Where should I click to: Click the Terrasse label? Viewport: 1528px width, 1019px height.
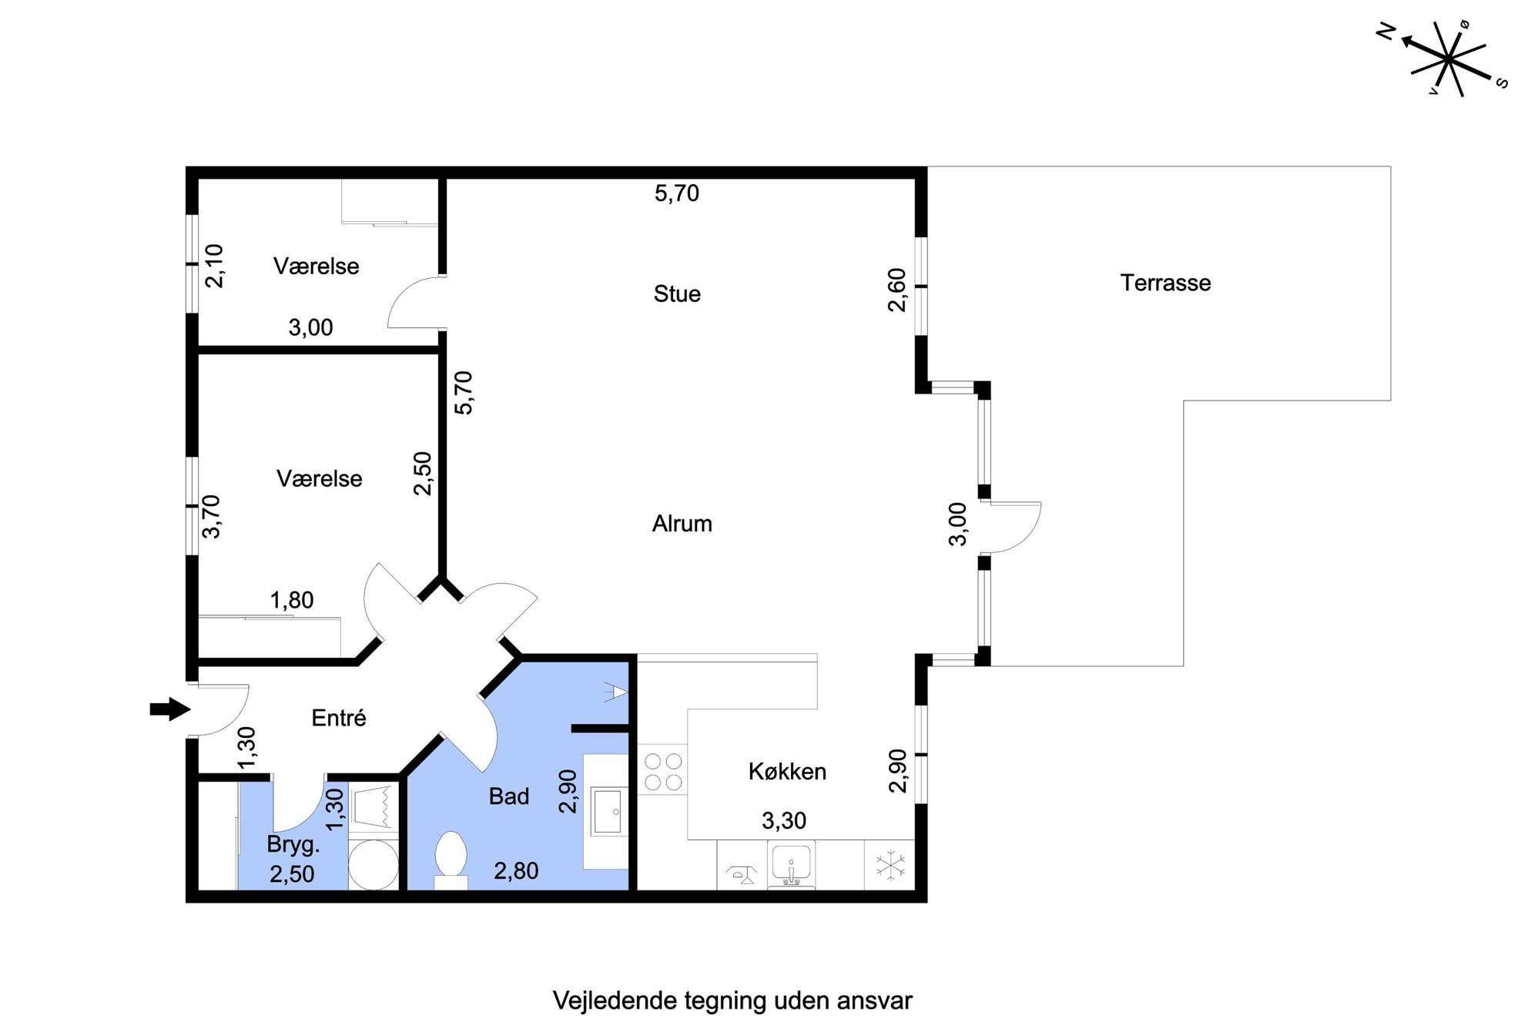[x=1165, y=283]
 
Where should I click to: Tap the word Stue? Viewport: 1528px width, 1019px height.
[x=677, y=293]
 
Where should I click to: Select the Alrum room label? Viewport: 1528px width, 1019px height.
[x=682, y=524]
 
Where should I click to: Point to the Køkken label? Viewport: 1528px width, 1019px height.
[x=787, y=771]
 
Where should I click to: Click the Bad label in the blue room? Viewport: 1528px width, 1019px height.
[x=509, y=796]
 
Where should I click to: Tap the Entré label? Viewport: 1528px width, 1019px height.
[x=339, y=718]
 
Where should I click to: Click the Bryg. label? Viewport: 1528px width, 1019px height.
[x=293, y=845]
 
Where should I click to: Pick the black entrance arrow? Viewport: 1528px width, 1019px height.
[x=170, y=709]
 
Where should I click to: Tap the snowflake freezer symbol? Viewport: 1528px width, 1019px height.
[x=892, y=865]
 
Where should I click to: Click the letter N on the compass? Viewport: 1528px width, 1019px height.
[x=1386, y=32]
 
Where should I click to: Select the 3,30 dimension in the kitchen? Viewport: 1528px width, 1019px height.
[x=784, y=821]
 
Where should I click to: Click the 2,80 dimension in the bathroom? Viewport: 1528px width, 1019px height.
[x=516, y=871]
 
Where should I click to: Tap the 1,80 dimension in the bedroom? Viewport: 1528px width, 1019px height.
[x=292, y=600]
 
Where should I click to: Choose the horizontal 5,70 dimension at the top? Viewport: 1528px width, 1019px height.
[x=677, y=193]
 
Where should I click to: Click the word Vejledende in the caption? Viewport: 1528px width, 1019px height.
[x=603, y=1001]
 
